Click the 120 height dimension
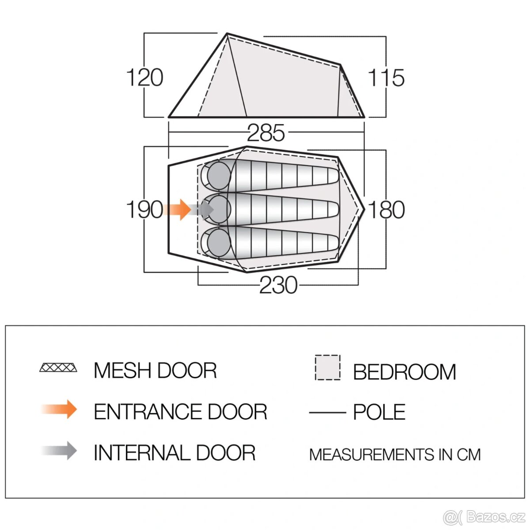tap(145, 78)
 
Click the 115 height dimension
tap(386, 78)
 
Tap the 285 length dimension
tap(266, 132)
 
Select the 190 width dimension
tap(145, 210)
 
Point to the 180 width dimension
tap(386, 210)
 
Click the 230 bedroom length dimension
tap(278, 285)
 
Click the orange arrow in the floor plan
tap(178, 210)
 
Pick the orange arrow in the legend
tap(59, 409)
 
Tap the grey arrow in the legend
tap(59, 450)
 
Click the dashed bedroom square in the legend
tap(328, 367)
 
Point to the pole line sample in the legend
tap(327, 413)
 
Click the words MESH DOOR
tap(155, 370)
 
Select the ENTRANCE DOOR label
tap(181, 412)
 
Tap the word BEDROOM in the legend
tap(404, 372)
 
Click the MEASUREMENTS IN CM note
tap(395, 454)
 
